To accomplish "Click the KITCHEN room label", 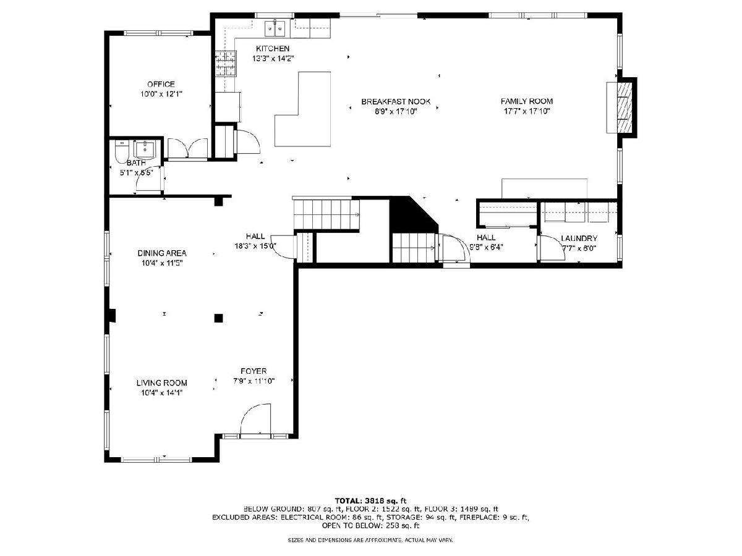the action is click(x=273, y=49).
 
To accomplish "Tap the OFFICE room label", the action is click(x=161, y=84).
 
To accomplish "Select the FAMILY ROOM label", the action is click(x=527, y=101).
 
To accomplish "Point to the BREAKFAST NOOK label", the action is click(x=396, y=101).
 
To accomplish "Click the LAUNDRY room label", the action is click(x=579, y=238).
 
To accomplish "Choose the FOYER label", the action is click(x=254, y=371).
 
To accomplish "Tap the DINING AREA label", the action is click(x=162, y=253).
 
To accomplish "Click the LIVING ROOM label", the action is click(x=161, y=383).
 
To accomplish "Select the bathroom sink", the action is click(x=145, y=150).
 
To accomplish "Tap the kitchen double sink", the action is click(x=275, y=28).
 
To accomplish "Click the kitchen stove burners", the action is click(x=226, y=64).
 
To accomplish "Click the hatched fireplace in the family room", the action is click(x=624, y=107).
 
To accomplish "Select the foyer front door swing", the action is click(x=256, y=419).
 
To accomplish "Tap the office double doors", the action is click(x=187, y=148).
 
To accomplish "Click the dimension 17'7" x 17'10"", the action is click(x=527, y=111).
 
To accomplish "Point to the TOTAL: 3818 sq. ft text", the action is click(x=370, y=500).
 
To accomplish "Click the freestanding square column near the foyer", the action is click(x=218, y=318).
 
